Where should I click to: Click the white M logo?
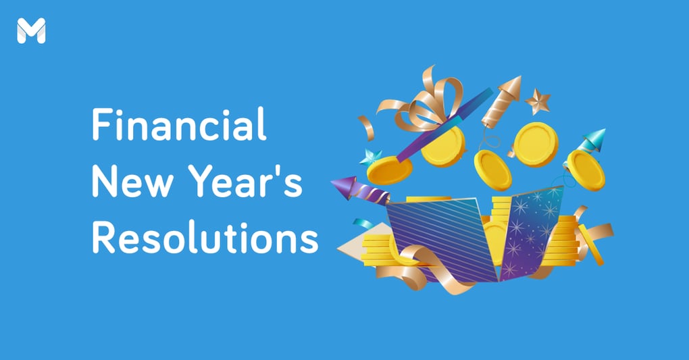pos(31,31)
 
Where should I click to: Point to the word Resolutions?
pos(205,238)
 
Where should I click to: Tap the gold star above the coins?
pos(538,102)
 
